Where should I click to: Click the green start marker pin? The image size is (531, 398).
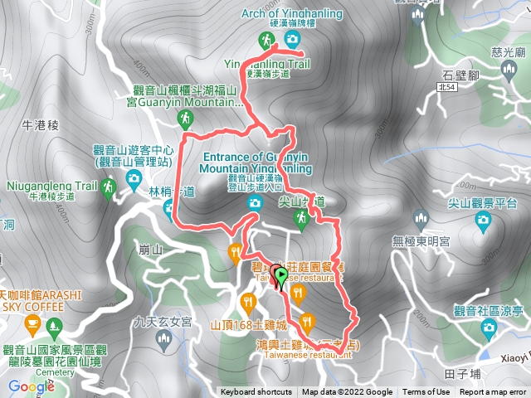click(x=281, y=276)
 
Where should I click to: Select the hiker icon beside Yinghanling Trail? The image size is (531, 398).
click(x=266, y=40)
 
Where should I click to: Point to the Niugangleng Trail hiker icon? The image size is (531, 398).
click(x=107, y=189)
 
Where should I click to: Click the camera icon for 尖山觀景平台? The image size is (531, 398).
click(x=482, y=220)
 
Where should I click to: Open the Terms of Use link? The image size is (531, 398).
click(x=426, y=392)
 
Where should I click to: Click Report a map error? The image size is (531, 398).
click(x=494, y=392)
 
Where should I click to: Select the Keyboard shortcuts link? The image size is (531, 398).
click(x=256, y=392)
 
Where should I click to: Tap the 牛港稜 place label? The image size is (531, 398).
click(x=42, y=125)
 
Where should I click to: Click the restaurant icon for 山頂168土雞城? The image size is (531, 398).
click(x=246, y=302)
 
